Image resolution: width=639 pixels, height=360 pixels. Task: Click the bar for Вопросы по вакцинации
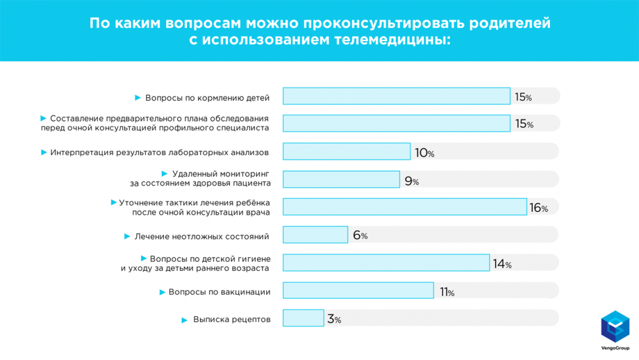(x=358, y=290)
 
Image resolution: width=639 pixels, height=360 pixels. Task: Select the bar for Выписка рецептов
(x=303, y=318)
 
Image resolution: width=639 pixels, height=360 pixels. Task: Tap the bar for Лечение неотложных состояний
(x=315, y=235)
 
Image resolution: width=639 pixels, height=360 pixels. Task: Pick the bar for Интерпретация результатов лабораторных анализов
(x=347, y=151)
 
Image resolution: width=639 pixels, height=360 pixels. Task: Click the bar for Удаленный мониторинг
(x=341, y=179)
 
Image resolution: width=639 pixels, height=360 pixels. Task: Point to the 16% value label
(x=538, y=208)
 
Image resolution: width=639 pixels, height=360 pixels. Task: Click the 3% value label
(x=334, y=319)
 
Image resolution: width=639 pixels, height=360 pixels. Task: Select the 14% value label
(x=502, y=264)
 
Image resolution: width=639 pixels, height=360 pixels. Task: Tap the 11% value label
(x=447, y=292)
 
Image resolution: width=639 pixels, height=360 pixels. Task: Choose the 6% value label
(x=360, y=235)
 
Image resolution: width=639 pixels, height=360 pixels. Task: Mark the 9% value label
(x=412, y=181)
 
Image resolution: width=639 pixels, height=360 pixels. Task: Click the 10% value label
(x=424, y=153)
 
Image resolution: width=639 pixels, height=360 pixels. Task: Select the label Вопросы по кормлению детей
(x=207, y=98)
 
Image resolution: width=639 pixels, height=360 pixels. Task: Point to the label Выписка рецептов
(x=232, y=319)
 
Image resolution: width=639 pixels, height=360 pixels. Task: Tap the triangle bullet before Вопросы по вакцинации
(x=162, y=293)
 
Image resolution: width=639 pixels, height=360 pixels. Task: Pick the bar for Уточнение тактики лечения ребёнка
(x=404, y=207)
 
